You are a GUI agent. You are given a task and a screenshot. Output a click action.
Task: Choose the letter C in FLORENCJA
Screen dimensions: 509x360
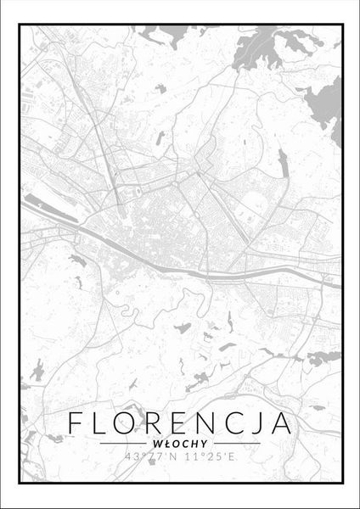pos(245,422)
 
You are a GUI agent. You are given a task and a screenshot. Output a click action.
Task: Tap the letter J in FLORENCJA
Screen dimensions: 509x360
pos(267,422)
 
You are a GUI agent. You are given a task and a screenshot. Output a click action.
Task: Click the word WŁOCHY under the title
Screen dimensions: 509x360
pos(180,442)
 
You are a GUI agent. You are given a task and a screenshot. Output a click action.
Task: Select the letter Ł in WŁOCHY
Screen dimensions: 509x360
pos(166,442)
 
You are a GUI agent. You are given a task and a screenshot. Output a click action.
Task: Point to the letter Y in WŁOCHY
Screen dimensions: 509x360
pos(200,442)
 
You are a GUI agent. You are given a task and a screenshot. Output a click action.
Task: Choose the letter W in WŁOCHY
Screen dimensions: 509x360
pos(159,442)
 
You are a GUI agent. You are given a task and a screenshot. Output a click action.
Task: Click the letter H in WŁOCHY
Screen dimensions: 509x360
pos(192,442)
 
